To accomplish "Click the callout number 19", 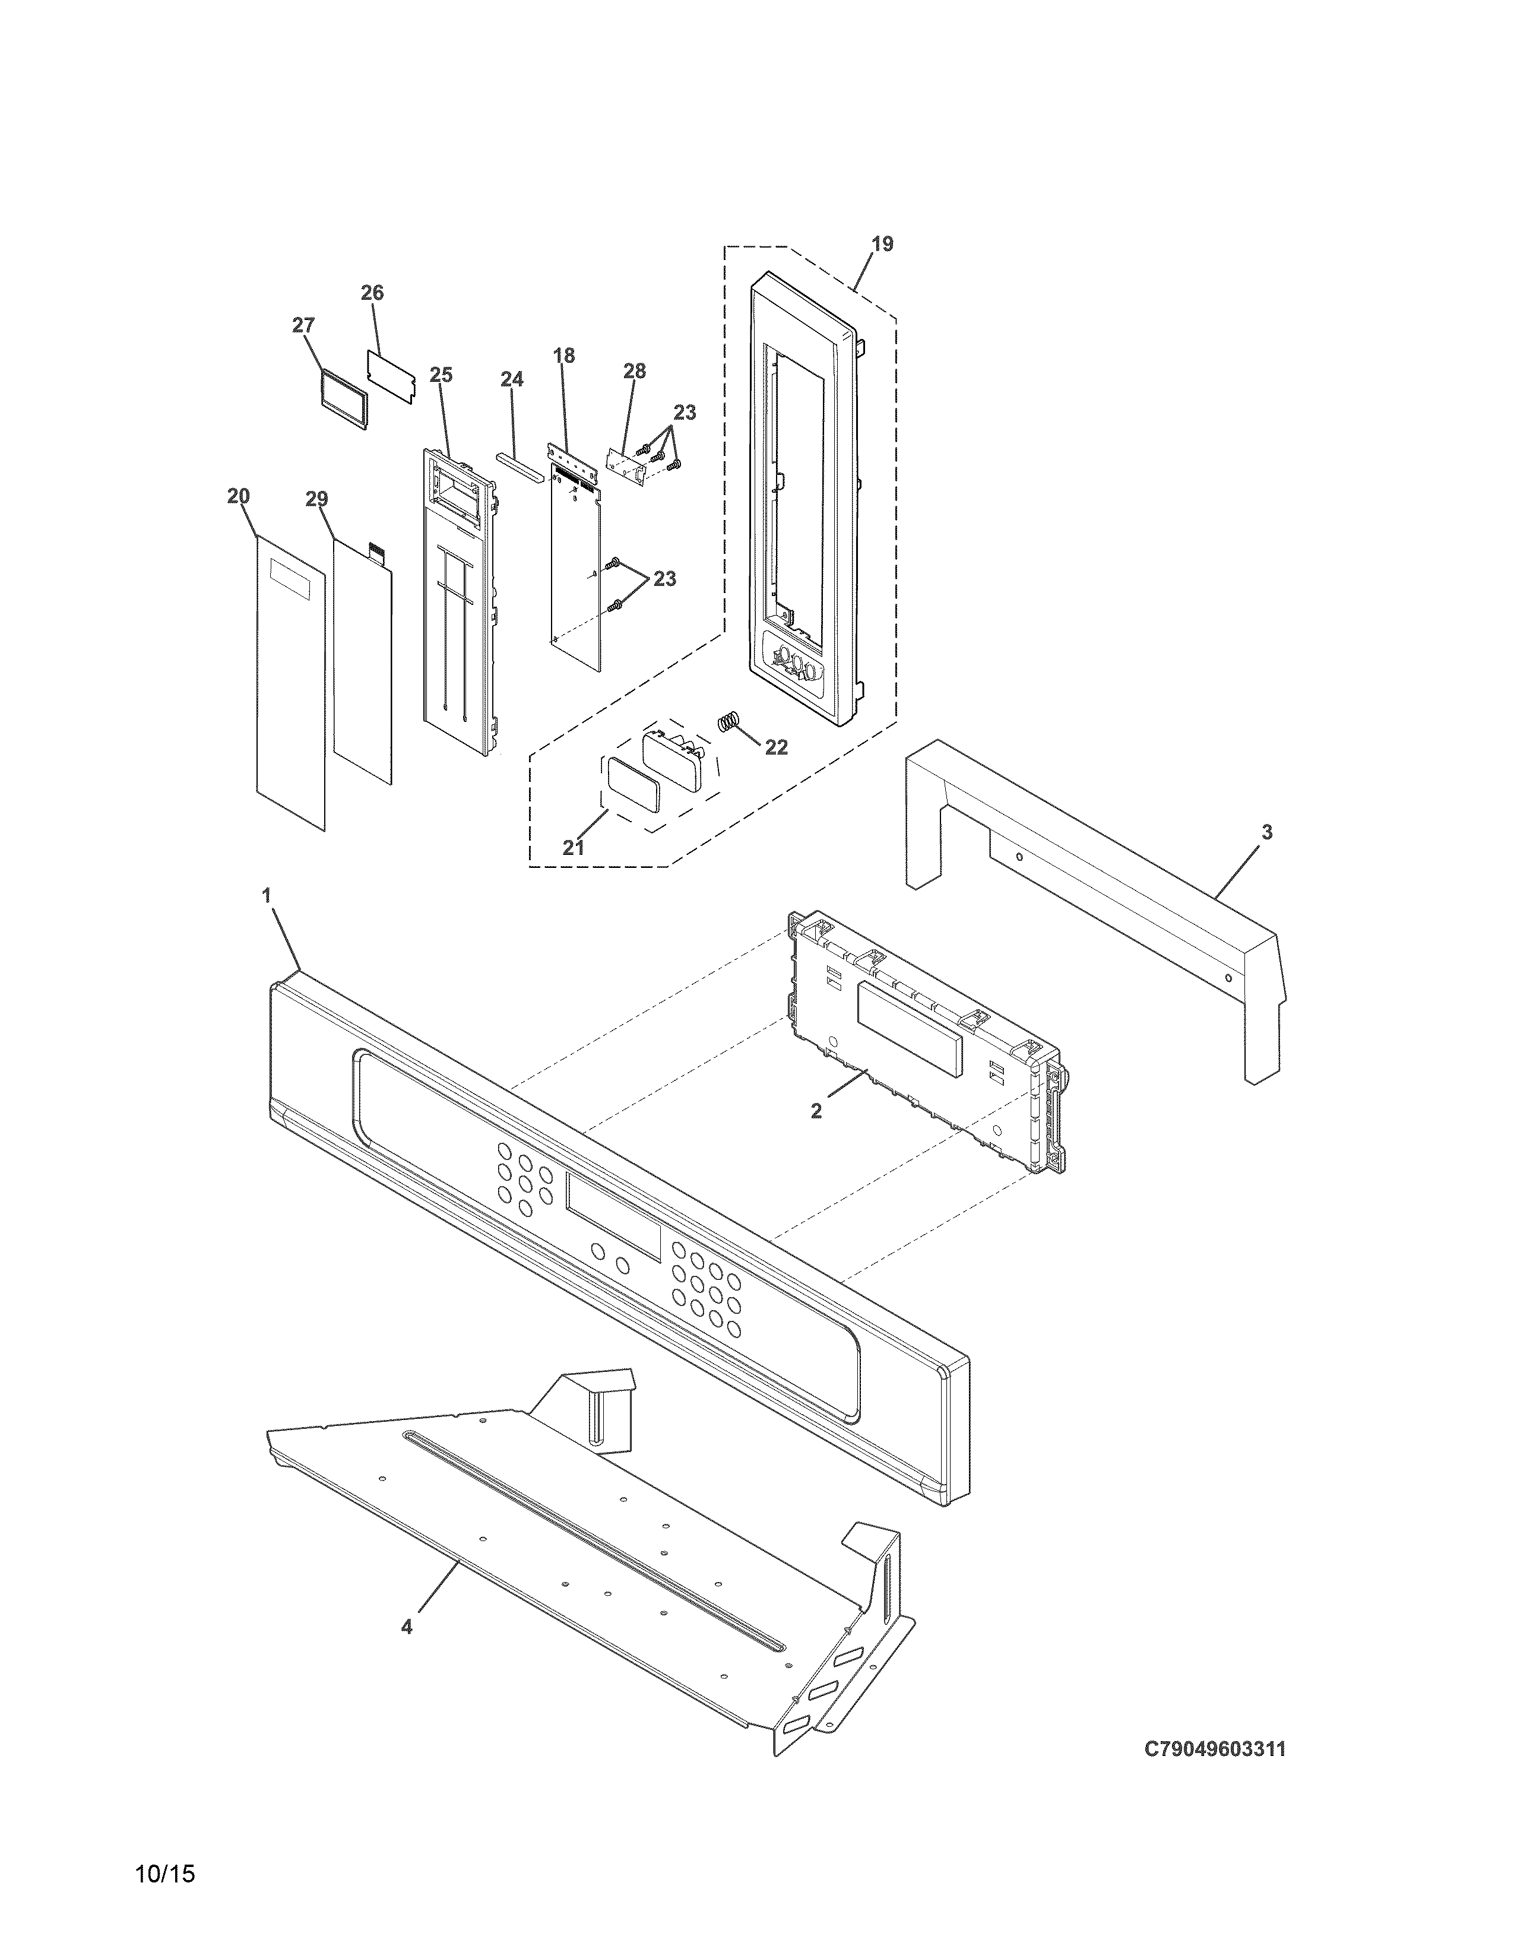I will tap(882, 244).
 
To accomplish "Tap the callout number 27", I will tap(303, 325).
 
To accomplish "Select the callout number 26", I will tap(372, 293).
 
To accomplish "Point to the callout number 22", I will tap(776, 747).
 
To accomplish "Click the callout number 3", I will tap(1266, 832).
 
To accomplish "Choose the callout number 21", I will tap(573, 848).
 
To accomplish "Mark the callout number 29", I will tap(316, 500).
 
